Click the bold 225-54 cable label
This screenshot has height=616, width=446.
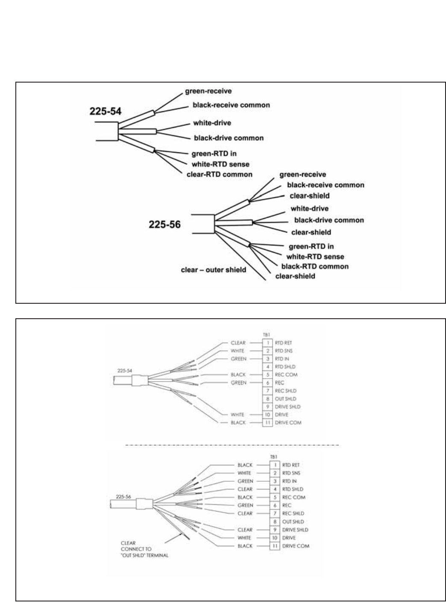click(105, 111)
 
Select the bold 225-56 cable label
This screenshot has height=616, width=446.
click(164, 224)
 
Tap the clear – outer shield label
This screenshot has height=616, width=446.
click(213, 269)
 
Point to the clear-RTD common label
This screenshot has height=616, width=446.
click(219, 175)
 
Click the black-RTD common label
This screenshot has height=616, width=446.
click(314, 266)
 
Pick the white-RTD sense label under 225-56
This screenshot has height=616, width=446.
click(315, 257)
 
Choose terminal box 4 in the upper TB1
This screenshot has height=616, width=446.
click(267, 367)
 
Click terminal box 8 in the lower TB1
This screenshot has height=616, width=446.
click(275, 521)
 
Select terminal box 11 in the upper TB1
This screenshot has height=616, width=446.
click(267, 423)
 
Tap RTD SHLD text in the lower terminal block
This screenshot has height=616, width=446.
click(293, 489)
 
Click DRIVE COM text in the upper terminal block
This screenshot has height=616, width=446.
click(288, 423)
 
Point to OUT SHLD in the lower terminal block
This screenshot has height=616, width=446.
click(293, 521)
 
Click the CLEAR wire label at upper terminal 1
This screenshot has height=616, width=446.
click(238, 343)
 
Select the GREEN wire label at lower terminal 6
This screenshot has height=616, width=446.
click(245, 505)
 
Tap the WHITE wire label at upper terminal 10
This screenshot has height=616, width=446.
click(238, 415)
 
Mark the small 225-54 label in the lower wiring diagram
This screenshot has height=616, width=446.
click(124, 371)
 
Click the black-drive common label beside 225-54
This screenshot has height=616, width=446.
click(229, 138)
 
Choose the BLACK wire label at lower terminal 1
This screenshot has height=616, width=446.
click(245, 465)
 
